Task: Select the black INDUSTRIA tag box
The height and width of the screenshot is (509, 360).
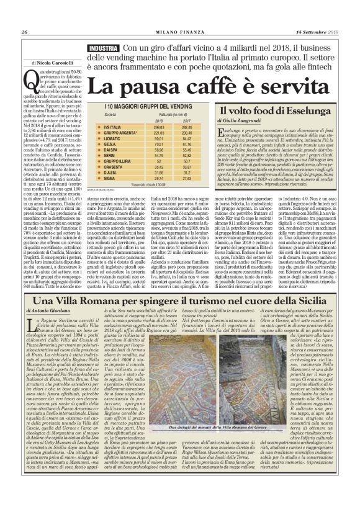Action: [102, 48]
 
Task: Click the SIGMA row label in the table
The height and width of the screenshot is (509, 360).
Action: [111, 178]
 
